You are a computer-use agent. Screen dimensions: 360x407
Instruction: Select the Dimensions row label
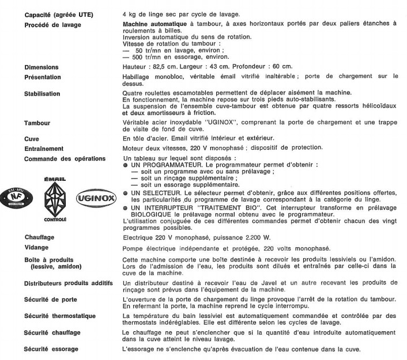42,67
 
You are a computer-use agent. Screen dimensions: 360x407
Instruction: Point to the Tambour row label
37,123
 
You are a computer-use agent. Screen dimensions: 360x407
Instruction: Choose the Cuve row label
32,139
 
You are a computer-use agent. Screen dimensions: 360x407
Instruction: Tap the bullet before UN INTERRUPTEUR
126,206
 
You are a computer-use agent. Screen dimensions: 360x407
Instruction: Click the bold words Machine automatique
153,24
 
